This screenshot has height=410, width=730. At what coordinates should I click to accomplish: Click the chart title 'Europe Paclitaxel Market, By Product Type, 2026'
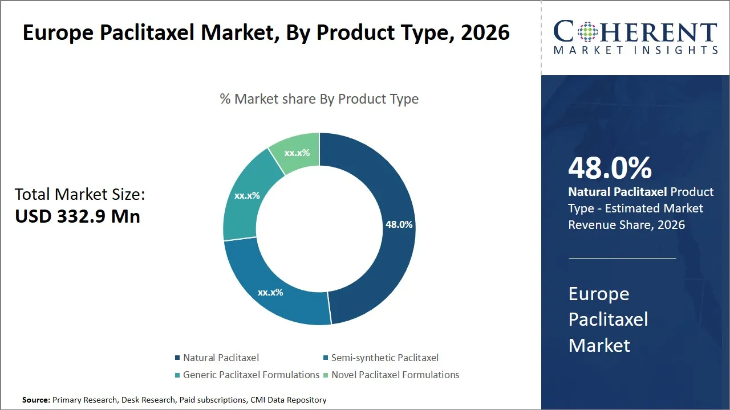pyautogui.click(x=266, y=33)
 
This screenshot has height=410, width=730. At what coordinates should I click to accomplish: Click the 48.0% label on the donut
pyautogui.click(x=399, y=224)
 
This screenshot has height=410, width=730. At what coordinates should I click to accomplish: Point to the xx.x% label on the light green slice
pyautogui.click(x=297, y=153)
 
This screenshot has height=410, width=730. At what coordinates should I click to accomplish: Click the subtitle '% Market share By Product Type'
pyautogui.click(x=319, y=99)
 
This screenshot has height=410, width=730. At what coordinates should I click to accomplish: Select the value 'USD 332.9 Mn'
pyautogui.click(x=78, y=216)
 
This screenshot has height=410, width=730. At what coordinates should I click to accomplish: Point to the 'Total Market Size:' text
pyautogui.click(x=80, y=195)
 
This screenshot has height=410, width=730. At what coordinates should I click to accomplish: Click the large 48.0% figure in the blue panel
pyautogui.click(x=610, y=168)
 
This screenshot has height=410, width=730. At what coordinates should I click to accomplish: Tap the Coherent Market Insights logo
pyautogui.click(x=635, y=38)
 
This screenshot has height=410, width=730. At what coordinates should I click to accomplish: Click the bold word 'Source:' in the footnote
pyautogui.click(x=36, y=400)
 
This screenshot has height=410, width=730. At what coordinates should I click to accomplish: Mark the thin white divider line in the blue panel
pyautogui.click(x=622, y=258)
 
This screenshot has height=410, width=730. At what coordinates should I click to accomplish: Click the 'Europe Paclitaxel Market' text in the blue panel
pyautogui.click(x=608, y=319)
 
